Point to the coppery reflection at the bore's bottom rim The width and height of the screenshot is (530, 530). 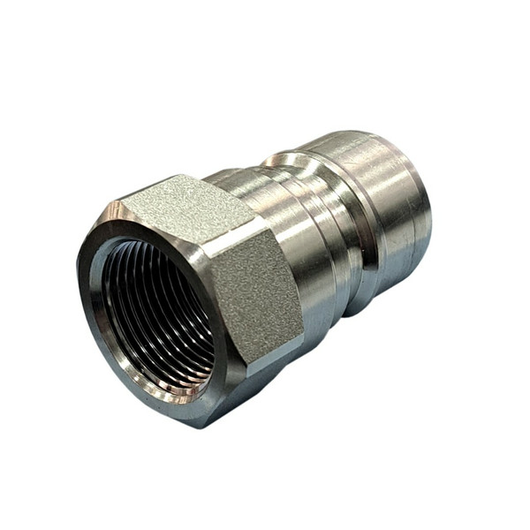(x=177, y=389)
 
